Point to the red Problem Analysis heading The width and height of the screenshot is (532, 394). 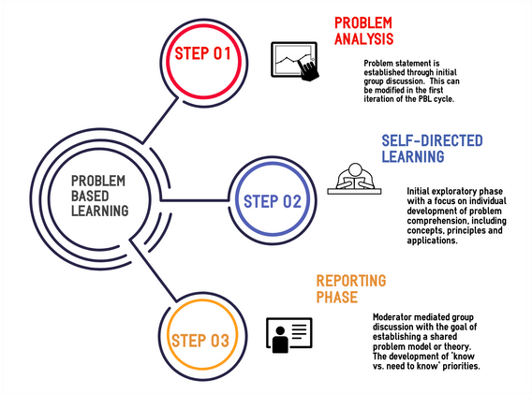[x=364, y=30]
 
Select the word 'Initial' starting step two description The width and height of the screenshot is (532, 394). [x=421, y=190]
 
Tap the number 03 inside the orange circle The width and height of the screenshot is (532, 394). [x=221, y=339]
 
